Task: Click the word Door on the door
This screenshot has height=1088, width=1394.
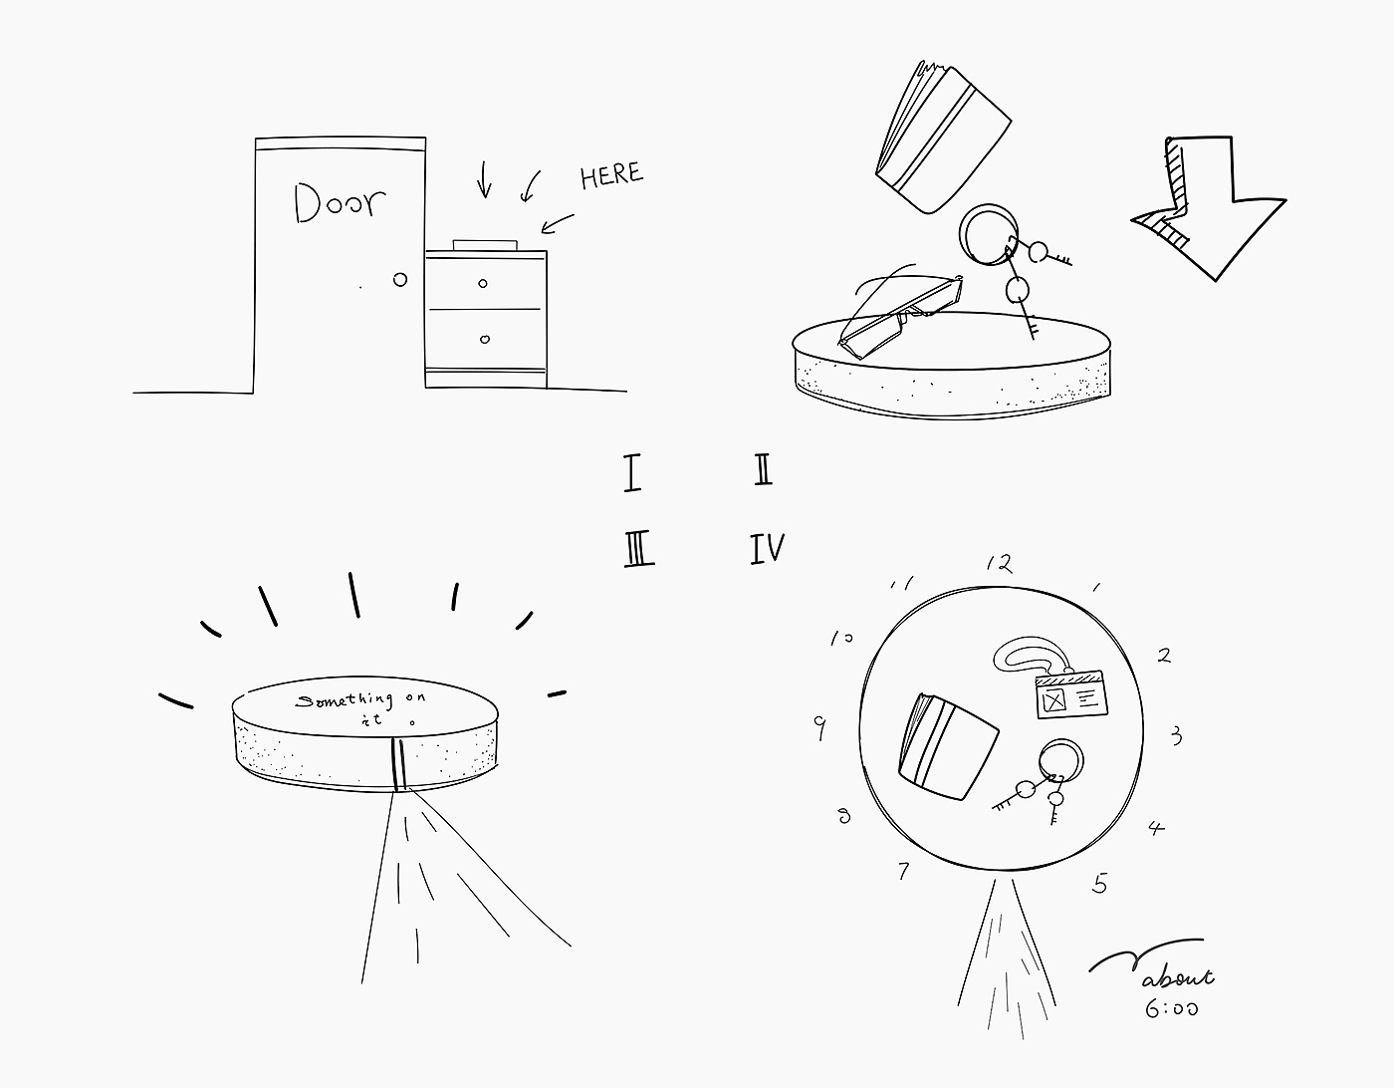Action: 340,202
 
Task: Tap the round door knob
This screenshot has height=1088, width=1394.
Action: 399,280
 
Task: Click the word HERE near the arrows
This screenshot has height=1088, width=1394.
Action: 611,175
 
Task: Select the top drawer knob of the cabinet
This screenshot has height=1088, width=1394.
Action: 483,283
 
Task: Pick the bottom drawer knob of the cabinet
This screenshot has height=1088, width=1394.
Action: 485,339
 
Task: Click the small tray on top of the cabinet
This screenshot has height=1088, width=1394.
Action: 485,245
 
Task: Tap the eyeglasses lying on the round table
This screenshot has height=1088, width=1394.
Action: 901,316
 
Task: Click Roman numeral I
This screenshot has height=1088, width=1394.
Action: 632,472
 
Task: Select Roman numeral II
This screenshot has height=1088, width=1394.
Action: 763,469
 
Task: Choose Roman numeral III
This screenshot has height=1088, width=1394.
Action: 639,549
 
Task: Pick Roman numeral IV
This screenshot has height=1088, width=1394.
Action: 768,549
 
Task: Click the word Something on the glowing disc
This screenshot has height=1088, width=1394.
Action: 345,699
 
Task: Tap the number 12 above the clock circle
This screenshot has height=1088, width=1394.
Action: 1000,564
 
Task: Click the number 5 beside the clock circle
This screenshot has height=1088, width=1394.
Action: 1100,884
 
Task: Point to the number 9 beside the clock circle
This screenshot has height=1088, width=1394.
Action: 819,727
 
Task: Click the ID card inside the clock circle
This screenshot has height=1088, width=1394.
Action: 1072,694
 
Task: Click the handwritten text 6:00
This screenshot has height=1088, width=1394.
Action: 1171,1009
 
